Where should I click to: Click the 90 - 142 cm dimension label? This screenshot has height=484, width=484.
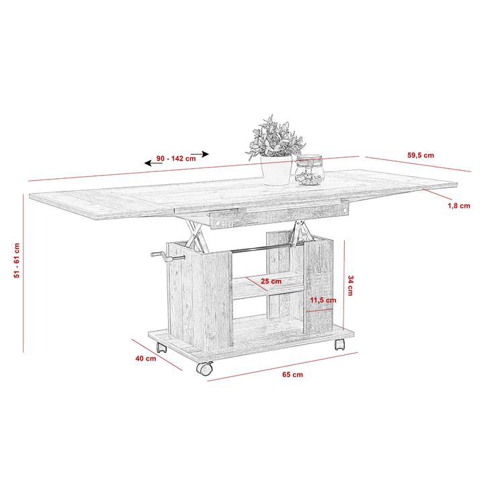tap(176, 159)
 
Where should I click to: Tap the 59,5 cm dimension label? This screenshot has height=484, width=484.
tap(421, 155)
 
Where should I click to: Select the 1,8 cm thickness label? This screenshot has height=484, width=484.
tap(459, 206)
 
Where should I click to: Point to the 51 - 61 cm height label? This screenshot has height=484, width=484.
tap(17, 261)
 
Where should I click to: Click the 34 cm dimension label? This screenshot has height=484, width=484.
tap(351, 286)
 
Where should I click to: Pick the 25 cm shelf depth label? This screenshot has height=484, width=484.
tap(271, 281)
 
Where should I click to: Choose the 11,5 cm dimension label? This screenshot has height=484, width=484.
tap(323, 300)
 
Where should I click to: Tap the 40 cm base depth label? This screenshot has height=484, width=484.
tap(146, 358)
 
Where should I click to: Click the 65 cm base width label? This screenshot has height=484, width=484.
tap(292, 374)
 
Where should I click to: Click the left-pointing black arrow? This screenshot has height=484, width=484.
tap(153, 163)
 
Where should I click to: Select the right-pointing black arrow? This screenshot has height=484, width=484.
tap(200, 154)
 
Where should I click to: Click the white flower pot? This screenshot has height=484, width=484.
tap(276, 170)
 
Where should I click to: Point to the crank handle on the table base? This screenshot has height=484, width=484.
tap(167, 256)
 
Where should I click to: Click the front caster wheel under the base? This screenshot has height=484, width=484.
tap(204, 368)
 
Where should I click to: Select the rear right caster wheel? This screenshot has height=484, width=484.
tap(339, 344)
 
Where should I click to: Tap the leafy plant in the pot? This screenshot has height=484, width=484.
tap(275, 137)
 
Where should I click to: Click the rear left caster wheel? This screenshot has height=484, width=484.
tap(161, 348)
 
